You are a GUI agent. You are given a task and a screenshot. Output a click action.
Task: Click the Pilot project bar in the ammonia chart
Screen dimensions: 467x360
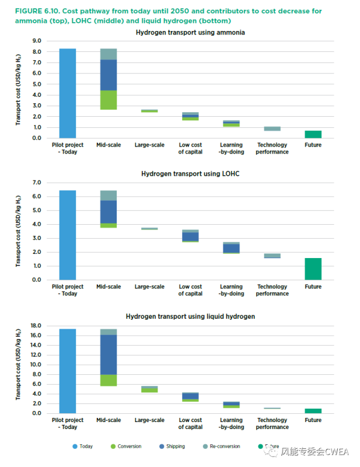point(68,93)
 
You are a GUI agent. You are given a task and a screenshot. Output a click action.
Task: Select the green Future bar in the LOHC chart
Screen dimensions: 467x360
point(313,269)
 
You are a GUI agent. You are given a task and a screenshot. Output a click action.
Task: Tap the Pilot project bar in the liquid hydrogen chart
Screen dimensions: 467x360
point(68,371)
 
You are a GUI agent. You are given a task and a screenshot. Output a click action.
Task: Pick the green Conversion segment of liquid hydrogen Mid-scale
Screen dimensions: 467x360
point(109,380)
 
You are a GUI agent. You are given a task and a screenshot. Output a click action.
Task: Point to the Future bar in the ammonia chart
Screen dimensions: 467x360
point(313,134)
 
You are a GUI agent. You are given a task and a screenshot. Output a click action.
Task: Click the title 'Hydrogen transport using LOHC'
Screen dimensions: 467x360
point(190,173)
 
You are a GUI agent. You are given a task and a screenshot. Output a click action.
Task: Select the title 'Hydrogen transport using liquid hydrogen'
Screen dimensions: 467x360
point(190,316)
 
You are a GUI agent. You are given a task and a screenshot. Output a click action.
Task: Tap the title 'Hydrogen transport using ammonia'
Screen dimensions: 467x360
point(190,33)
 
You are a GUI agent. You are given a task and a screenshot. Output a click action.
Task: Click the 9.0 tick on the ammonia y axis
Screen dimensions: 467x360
point(37,41)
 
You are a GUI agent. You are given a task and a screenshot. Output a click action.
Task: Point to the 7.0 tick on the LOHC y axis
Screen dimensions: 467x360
point(37,183)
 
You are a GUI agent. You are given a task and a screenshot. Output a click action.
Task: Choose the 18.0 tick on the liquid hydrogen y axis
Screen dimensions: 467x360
point(36,326)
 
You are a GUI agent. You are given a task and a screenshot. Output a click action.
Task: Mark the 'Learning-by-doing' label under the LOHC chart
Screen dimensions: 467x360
point(231,290)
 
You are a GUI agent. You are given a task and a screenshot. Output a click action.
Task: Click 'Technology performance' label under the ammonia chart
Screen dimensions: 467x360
point(272,148)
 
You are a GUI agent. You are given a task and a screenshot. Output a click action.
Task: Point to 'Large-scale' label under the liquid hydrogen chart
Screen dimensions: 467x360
point(149,420)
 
